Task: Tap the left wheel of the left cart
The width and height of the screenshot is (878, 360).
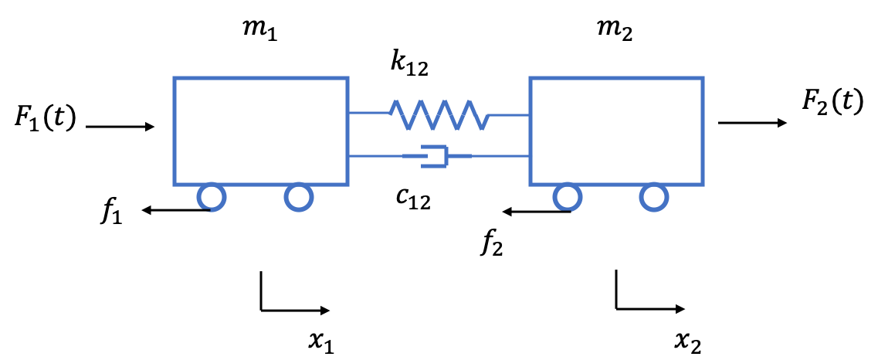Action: click(212, 197)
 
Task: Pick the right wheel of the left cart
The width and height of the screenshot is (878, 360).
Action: click(299, 197)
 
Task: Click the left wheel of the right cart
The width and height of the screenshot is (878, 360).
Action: click(568, 197)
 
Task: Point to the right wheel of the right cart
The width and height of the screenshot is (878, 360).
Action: click(654, 197)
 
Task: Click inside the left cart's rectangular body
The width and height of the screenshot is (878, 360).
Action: click(261, 131)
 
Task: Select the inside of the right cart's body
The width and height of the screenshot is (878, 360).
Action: click(616, 131)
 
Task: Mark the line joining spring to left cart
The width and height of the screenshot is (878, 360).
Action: click(369, 113)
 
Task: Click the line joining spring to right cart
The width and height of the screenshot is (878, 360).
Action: click(510, 115)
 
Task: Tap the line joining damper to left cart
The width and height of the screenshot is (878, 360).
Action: click(376, 156)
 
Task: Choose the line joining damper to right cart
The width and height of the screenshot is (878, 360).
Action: click(500, 156)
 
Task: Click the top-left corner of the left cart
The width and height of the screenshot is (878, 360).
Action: click(175, 78)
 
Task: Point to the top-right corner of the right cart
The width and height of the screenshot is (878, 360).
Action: click(703, 78)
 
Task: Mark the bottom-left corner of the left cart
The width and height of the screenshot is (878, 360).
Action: click(175, 184)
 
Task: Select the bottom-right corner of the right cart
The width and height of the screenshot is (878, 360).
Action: click(703, 184)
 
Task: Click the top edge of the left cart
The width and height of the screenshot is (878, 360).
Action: click(261, 78)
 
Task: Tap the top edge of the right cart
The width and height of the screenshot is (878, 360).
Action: click(616, 78)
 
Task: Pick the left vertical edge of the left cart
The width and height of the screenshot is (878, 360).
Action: click(175, 131)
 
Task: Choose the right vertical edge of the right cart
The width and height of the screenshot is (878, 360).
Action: click(703, 131)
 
